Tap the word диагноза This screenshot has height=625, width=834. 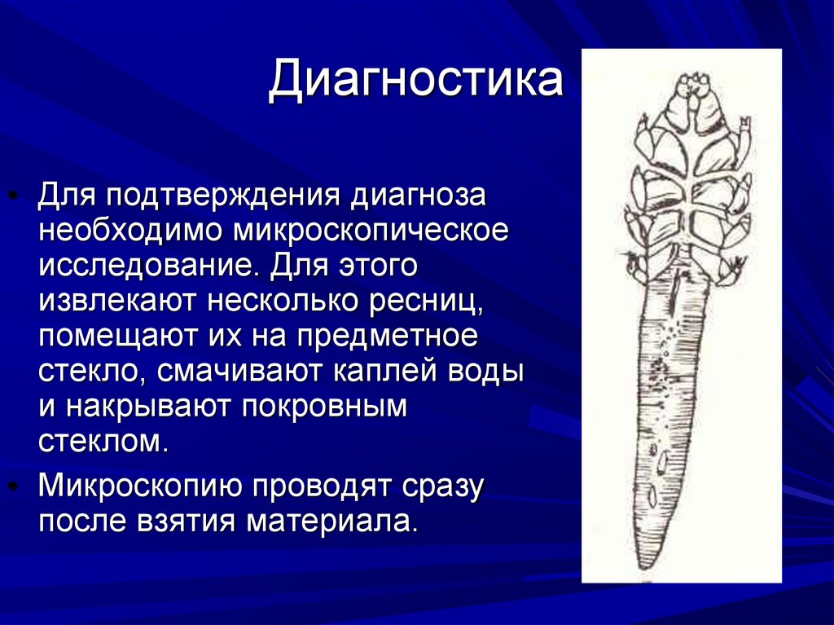[x=417, y=196]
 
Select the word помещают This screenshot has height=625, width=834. [x=115, y=337]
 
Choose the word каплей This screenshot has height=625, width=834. [x=380, y=372]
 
